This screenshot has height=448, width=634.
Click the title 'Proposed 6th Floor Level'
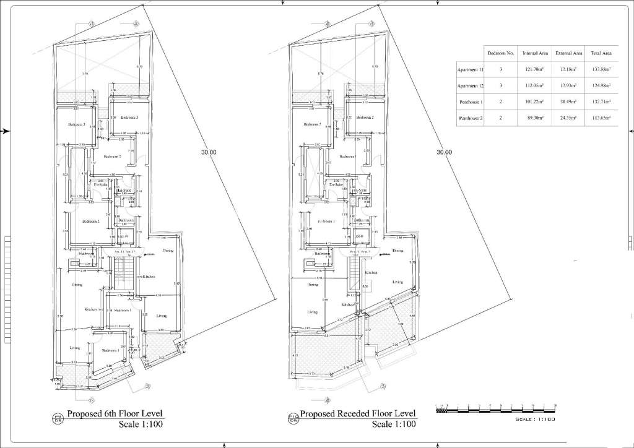pos(116,414)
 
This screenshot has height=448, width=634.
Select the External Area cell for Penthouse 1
pos(568,101)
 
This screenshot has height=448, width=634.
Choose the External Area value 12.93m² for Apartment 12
pos(568,85)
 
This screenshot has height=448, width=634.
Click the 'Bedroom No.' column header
pos(501,54)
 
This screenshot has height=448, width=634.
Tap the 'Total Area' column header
pos(601,54)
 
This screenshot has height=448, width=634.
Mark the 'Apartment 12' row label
pos(469,85)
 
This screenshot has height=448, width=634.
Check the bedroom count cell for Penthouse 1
pos(501,101)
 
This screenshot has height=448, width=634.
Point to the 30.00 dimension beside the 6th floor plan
pos(209,152)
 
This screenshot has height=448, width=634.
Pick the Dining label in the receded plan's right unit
pos(397,251)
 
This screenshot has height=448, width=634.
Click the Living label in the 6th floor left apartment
pos(75,348)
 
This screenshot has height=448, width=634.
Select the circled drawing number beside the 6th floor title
pos(58,418)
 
